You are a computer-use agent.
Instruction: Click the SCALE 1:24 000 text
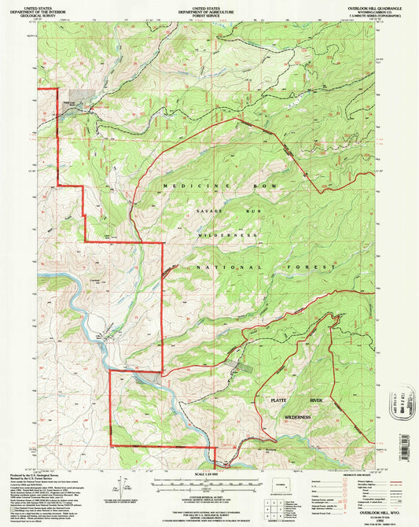208,474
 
